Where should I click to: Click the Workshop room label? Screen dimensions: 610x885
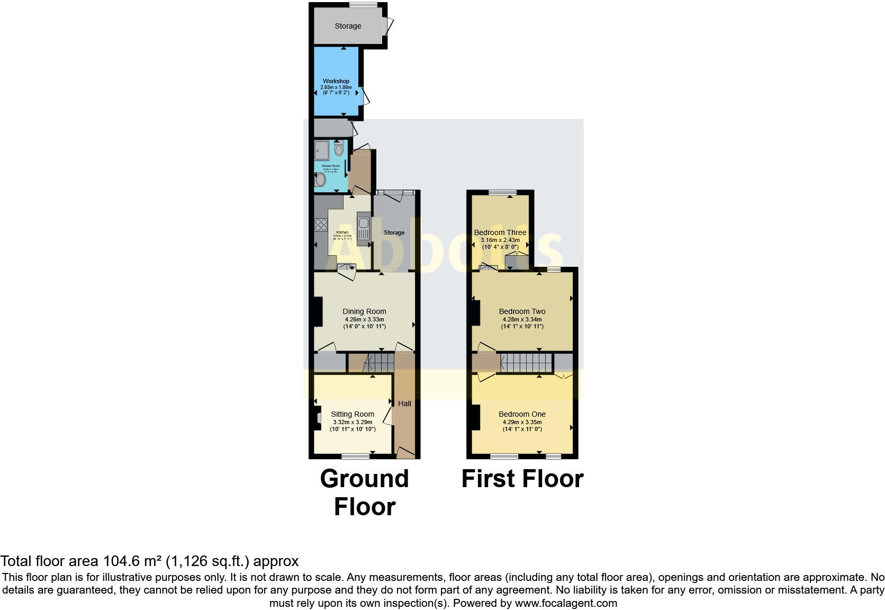click(336, 81)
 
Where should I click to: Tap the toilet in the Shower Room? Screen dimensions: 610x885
click(339, 149)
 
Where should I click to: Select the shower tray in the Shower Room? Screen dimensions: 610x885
click(321, 150)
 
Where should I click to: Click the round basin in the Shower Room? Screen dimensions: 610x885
click(320, 181)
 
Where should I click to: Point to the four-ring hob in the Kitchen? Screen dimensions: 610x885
click(321, 225)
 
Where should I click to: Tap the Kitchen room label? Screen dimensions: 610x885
click(342, 232)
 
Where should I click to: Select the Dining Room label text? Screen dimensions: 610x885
click(364, 311)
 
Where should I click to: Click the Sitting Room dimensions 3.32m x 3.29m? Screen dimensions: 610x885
click(353, 422)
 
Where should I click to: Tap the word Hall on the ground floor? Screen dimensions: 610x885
click(404, 403)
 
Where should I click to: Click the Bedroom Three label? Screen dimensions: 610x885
click(500, 232)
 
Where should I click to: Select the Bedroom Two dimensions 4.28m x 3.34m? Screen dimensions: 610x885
click(522, 319)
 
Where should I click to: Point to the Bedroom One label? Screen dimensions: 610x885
click(522, 414)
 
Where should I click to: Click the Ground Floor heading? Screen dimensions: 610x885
click(364, 492)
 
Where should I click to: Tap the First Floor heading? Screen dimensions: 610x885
click(522, 479)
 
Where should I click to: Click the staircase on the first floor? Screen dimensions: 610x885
click(526, 363)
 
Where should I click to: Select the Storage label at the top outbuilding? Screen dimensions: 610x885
click(348, 26)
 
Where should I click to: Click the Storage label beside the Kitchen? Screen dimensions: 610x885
click(394, 232)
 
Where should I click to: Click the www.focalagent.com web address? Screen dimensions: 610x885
click(566, 603)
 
